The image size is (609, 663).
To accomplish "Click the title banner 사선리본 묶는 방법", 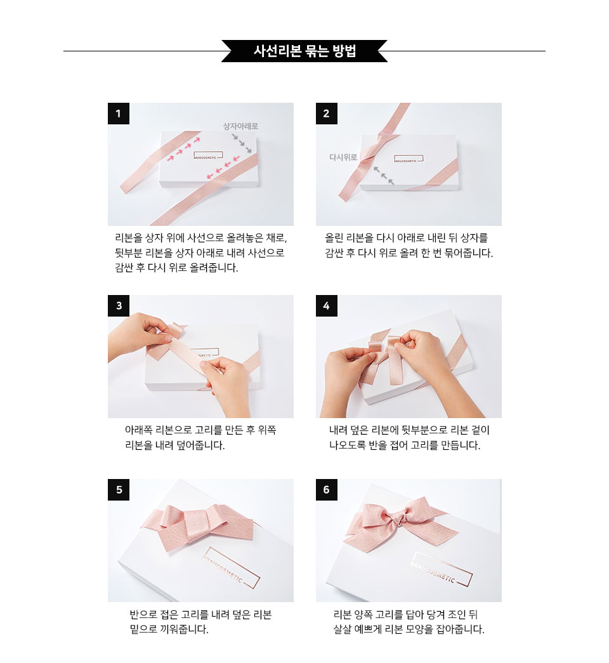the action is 304,51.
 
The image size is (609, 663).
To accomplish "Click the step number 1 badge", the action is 119,114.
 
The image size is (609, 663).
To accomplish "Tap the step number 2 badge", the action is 327,114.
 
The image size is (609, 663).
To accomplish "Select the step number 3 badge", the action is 119,306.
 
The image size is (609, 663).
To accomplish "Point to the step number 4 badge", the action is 327,306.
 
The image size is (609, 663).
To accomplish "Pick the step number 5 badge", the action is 119,490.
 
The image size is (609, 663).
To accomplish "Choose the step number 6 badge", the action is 327,490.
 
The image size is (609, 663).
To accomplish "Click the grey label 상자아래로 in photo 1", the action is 240,126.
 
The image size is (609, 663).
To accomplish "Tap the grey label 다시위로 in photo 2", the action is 343,157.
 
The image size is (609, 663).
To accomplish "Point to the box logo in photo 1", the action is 208,155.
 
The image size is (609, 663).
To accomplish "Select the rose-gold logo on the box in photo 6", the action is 441,569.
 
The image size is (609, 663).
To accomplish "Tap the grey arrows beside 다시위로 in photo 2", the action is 383,175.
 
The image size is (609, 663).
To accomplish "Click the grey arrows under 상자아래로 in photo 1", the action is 242,143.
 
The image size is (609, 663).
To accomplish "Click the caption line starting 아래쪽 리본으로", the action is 200,430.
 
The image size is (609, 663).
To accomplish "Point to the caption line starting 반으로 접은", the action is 200,614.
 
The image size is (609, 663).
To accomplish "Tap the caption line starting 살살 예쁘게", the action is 409,629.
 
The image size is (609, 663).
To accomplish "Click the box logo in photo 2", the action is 409,159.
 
